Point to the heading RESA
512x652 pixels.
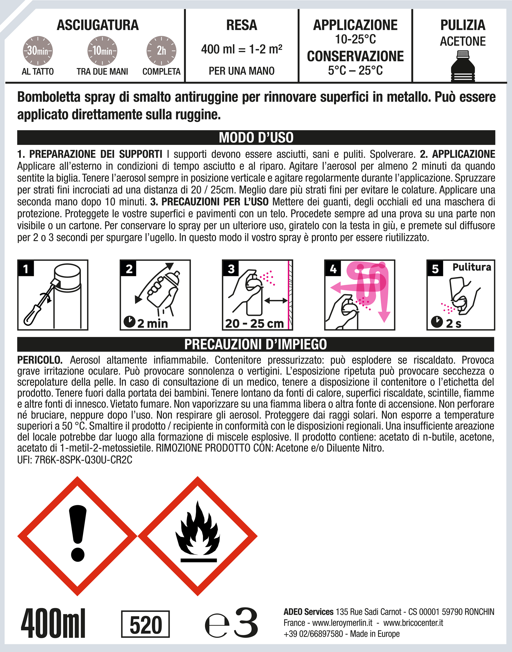coord(242,25)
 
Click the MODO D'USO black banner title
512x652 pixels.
coord(256,137)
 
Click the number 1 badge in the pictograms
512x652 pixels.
coord(26,268)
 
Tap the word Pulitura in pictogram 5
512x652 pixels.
coord(472,267)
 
